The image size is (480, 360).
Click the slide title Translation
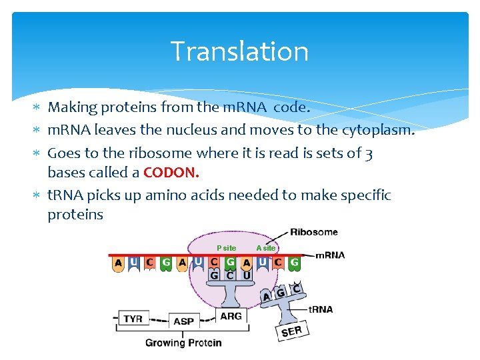[x=239, y=51]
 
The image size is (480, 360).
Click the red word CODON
[x=171, y=173]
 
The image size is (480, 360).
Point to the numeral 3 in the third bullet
[x=369, y=153]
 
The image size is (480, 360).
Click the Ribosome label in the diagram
[x=313, y=233]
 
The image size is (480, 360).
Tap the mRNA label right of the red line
[x=329, y=255]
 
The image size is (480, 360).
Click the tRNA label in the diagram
[x=321, y=309]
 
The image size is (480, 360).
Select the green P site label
[x=226, y=248]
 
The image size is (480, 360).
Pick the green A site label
[x=265, y=248]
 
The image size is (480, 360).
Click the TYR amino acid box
[x=133, y=319]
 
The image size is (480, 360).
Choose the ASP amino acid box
[x=183, y=321]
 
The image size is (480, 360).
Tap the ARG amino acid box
[x=231, y=316]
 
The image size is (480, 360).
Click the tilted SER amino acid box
[x=291, y=331]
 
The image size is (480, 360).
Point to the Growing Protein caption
[x=183, y=343]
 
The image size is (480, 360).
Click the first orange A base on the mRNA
[x=118, y=263]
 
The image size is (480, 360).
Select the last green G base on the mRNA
[x=294, y=263]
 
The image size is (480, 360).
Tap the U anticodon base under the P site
[x=246, y=275]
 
